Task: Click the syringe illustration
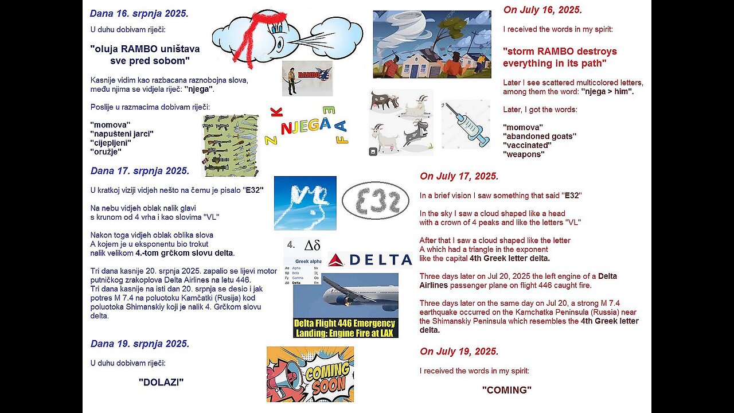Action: [466, 124]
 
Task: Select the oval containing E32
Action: [375, 201]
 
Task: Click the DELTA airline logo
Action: [370, 260]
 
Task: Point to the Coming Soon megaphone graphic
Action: [310, 374]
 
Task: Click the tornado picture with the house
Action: [432, 44]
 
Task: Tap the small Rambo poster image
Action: [307, 78]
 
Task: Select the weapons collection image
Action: [231, 145]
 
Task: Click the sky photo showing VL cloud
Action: [305, 203]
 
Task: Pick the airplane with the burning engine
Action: [345, 295]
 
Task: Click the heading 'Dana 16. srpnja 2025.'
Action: [139, 13]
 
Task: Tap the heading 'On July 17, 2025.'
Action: [459, 176]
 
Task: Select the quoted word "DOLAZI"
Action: [161, 382]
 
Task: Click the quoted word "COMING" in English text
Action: [506, 390]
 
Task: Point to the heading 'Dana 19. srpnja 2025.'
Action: [139, 344]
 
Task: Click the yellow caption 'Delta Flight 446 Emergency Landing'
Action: [345, 328]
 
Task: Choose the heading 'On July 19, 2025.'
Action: [459, 351]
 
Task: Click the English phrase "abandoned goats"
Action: [540, 136]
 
